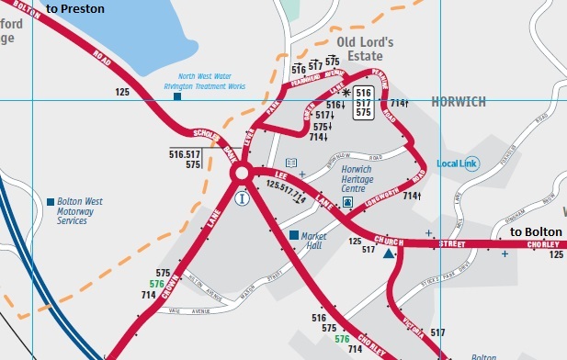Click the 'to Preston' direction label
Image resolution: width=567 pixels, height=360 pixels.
(75, 9)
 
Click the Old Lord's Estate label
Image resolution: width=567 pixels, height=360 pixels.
(365, 49)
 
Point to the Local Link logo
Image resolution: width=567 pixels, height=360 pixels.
(458, 163)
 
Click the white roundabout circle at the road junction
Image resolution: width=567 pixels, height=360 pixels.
(242, 174)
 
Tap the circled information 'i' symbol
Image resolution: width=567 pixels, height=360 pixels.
(242, 197)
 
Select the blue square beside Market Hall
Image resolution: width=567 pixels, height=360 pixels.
(294, 236)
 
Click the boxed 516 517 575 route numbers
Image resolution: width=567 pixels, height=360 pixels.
(363, 103)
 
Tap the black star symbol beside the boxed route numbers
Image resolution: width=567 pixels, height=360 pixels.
(346, 93)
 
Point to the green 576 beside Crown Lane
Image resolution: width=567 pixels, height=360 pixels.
(163, 285)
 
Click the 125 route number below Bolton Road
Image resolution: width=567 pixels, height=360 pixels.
(122, 92)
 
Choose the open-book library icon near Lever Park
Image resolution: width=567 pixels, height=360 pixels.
(291, 162)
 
